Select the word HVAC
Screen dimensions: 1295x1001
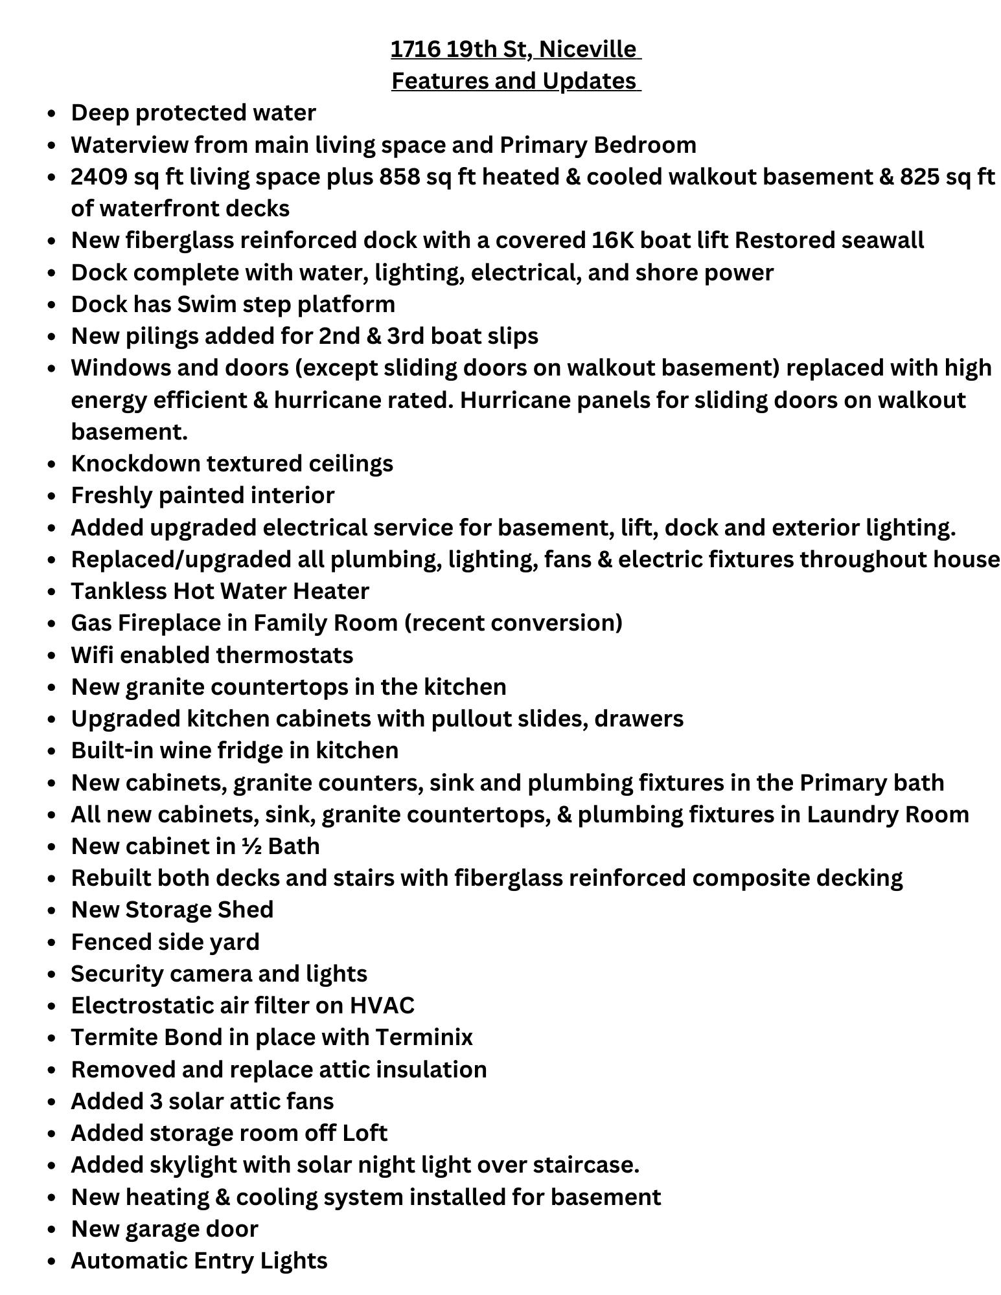click(382, 1006)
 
